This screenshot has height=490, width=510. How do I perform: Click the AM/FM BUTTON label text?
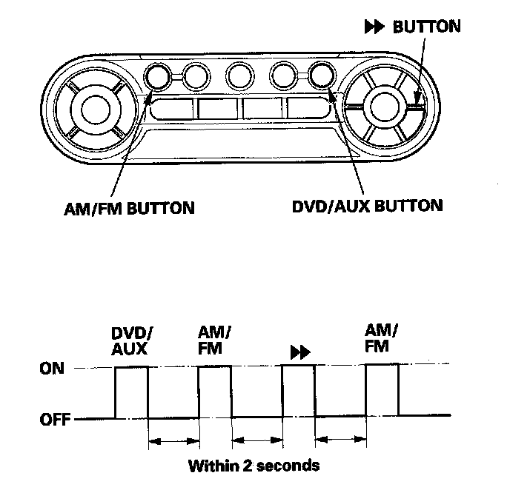[x=130, y=209]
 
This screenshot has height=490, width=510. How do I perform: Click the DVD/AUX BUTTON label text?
[x=368, y=206]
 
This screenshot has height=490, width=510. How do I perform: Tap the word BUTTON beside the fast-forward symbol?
[x=427, y=27]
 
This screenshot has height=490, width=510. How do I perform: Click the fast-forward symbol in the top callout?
[x=374, y=27]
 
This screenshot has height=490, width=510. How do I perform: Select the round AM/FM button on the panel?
[x=157, y=77]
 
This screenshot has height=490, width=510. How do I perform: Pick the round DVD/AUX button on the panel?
[x=322, y=75]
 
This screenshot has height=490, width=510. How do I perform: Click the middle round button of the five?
[x=239, y=77]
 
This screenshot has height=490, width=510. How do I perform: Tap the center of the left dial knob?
[x=96, y=110]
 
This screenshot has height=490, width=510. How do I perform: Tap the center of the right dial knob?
[x=385, y=106]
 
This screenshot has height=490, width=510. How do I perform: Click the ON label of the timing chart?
[x=52, y=369]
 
